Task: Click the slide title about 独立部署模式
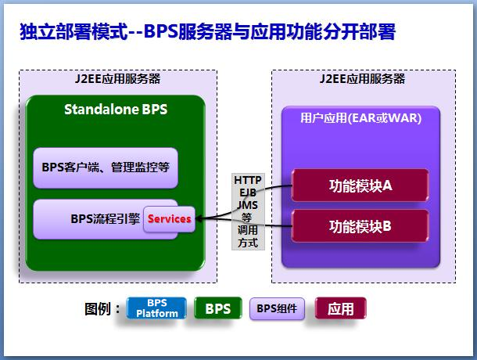[207, 32]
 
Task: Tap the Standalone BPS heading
[116, 110]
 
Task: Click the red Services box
[169, 218]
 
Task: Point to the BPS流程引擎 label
[105, 218]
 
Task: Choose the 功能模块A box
[360, 185]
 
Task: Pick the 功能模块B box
[360, 226]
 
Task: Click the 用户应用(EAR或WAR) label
[360, 119]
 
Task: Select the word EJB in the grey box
[248, 193]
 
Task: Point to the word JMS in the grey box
[248, 204]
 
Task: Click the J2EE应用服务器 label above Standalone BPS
[117, 79]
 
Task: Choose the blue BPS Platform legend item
[157, 308]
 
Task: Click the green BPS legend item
[217, 308]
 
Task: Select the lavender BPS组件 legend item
[277, 308]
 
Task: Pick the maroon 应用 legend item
[340, 308]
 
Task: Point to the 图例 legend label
[102, 308]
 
